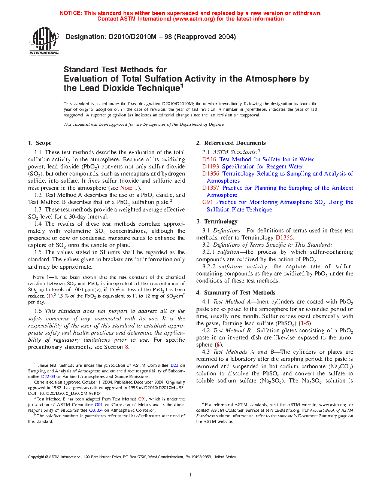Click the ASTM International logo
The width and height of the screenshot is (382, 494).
pos(44,41)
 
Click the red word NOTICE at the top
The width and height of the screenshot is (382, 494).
pos(71,13)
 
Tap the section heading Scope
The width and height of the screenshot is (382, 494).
pos(43,143)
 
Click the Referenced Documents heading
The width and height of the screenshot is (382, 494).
pos(235,143)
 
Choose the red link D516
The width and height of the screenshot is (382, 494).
pos(209,159)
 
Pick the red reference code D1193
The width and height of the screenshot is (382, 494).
pos(210,167)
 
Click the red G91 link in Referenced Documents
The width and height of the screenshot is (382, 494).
pos(207,202)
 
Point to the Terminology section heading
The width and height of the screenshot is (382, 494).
pos(221,222)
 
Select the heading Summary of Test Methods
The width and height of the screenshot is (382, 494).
pos(240,293)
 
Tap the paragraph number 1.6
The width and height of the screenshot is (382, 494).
pos(38,311)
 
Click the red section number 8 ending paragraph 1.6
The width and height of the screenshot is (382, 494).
pos(127,347)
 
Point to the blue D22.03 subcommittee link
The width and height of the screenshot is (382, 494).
pos(48,376)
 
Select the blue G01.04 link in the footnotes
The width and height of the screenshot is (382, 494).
pos(95,410)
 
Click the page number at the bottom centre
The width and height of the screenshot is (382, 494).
pos(191,475)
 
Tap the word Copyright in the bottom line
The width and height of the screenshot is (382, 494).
pos(36,457)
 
